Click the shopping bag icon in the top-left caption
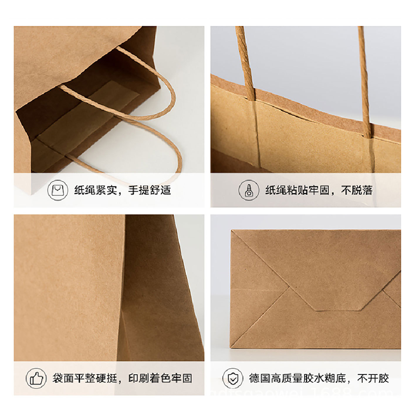(x=58, y=191)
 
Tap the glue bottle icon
(x=248, y=191)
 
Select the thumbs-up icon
(x=36, y=378)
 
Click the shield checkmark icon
(x=233, y=378)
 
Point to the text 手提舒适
(x=150, y=191)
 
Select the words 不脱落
(x=356, y=191)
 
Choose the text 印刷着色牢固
(x=160, y=378)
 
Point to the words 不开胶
(x=373, y=378)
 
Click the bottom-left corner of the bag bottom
(x=232, y=348)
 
